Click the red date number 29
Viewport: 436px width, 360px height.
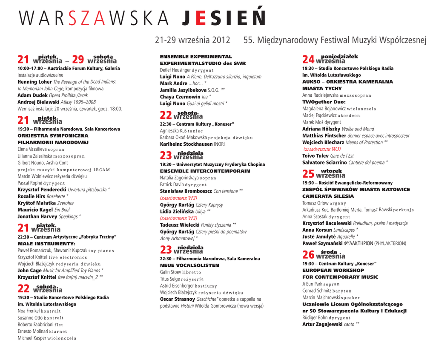(78, 60)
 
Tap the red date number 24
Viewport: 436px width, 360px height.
(308, 60)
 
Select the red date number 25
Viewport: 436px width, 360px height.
(308, 174)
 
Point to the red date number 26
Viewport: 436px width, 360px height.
(308, 255)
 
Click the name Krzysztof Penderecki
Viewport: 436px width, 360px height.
(42, 190)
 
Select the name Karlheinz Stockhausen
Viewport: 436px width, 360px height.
(186, 144)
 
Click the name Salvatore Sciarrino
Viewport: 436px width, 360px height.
(324, 162)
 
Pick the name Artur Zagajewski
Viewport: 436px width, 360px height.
(322, 324)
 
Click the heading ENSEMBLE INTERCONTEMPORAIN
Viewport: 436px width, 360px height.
(205, 171)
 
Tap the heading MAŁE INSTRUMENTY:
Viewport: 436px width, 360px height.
(40, 244)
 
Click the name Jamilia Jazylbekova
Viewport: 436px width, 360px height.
(183, 90)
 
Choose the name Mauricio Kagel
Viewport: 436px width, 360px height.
(35, 210)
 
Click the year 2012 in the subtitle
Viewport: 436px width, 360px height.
(221, 40)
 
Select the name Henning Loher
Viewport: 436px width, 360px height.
(34, 82)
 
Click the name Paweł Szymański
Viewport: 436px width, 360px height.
(322, 243)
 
